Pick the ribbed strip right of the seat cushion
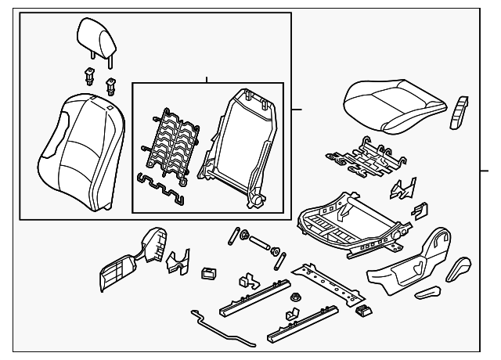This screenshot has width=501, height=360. coord(458,112)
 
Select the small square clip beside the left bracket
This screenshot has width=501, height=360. coord(209,273)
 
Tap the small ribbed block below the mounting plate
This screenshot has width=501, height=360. coord(361,311)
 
